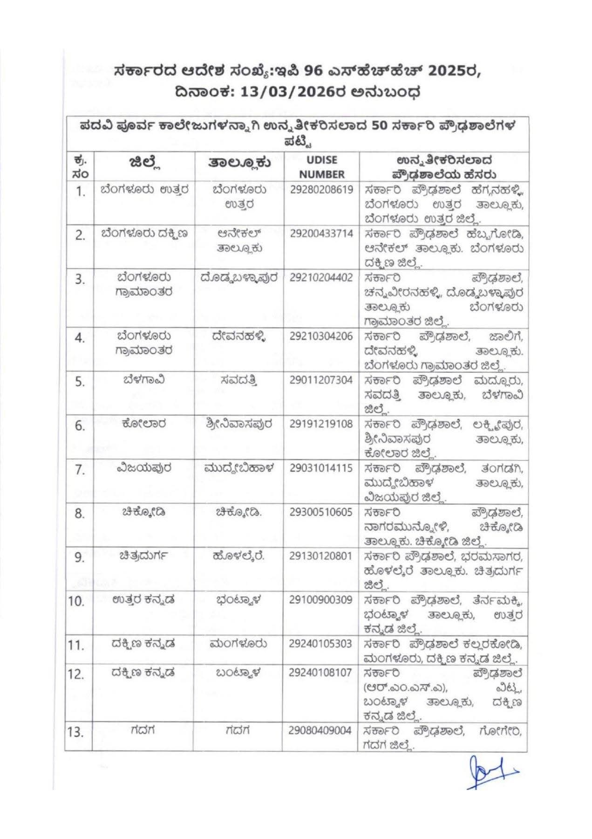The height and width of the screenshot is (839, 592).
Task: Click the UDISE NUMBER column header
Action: point(321,167)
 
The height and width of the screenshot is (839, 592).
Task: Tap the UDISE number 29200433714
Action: point(321,234)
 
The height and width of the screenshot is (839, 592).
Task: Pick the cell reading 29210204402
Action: point(321,278)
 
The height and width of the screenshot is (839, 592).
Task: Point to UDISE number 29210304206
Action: point(321,336)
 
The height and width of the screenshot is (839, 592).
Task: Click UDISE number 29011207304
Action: point(321,380)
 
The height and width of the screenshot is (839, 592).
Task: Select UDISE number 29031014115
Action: point(321,468)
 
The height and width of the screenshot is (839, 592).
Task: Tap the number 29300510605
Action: point(321,512)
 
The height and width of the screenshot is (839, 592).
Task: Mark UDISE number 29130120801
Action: point(321,556)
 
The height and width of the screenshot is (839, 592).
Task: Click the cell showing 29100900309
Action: point(321,599)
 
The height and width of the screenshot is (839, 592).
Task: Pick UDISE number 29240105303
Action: point(321,644)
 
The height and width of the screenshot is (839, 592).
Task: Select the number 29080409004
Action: point(321,730)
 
